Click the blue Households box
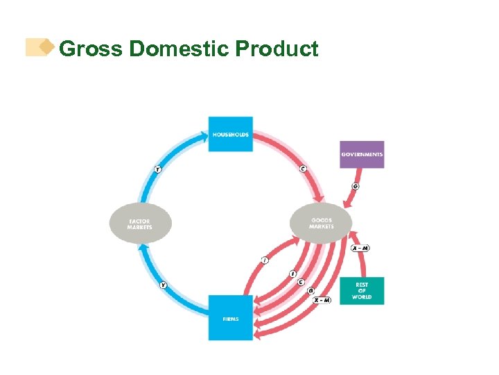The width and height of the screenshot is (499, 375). pos(231,134)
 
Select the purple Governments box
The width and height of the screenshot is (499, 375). pos(362,154)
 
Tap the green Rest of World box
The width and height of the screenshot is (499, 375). pos(362,291)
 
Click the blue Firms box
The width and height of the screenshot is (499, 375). pos(231,317)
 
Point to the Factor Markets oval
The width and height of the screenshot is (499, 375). pos(139,222)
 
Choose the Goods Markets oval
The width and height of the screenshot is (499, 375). pos(322,223)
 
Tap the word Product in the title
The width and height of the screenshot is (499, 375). pos(277,49)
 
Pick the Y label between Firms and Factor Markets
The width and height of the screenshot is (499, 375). pos(164,285)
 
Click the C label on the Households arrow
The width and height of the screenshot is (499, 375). pos(304,168)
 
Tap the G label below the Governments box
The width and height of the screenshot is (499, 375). pos(356,186)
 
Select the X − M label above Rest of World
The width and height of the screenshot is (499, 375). pos(360,248)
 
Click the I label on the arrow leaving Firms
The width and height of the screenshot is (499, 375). pos(264,260)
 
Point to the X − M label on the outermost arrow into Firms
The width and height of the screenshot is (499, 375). pos(322,300)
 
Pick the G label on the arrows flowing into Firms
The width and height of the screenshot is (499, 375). pos(310,291)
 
